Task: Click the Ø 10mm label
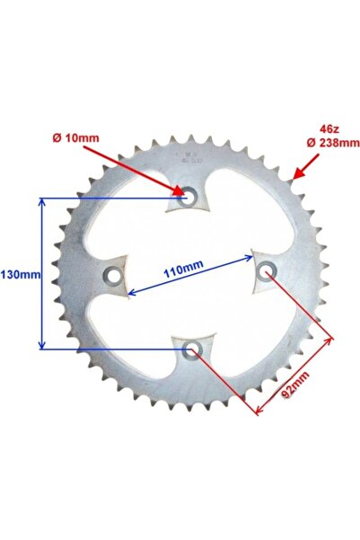coord(75,137)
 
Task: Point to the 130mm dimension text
coord(19,274)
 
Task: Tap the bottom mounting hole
coord(191,350)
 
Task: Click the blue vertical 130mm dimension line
coord(40,274)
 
